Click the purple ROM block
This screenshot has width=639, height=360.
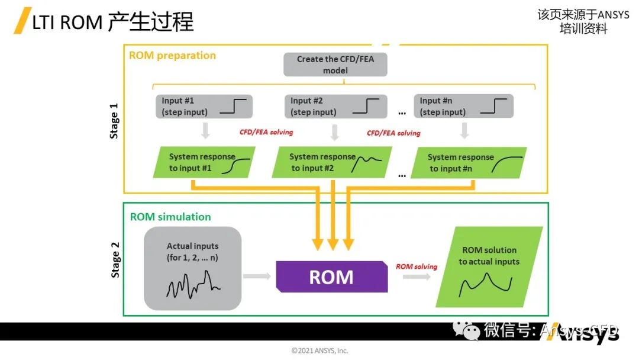pyautogui.click(x=331, y=277)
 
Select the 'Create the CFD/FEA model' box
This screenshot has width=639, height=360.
pyautogui.click(x=335, y=65)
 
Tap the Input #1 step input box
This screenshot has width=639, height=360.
pyautogui.click(x=204, y=107)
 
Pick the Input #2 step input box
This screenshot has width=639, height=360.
pyautogui.click(x=334, y=107)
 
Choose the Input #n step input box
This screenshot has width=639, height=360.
pyautogui.click(x=463, y=107)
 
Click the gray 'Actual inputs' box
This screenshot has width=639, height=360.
pyautogui.click(x=193, y=268)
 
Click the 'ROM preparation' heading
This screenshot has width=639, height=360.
pyautogui.click(x=172, y=56)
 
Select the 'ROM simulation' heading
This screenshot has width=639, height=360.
pyautogui.click(x=170, y=217)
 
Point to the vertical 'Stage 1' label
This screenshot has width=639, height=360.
pyautogui.click(x=115, y=121)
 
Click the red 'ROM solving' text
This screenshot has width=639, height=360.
pyautogui.click(x=416, y=267)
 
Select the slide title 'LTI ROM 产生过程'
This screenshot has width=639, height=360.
pyautogui.click(x=112, y=22)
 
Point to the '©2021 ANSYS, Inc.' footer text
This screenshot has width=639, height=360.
pyautogui.click(x=319, y=351)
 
